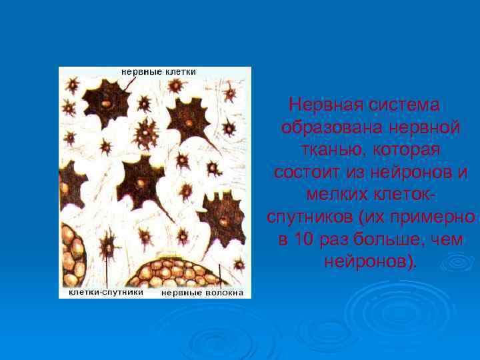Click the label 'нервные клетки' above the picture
coord(158,71)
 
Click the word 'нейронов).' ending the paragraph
coord(369,261)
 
